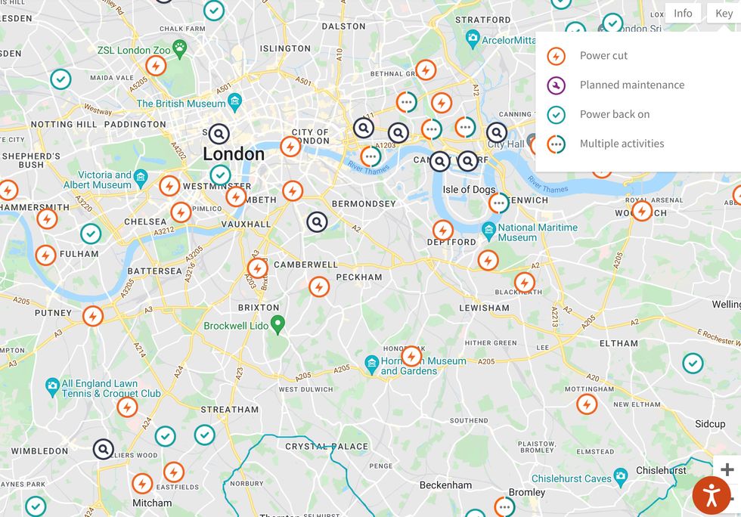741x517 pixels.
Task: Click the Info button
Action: (x=683, y=14)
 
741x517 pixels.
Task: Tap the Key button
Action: (x=724, y=14)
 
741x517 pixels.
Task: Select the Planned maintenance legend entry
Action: (x=631, y=85)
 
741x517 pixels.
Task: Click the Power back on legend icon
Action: (x=557, y=115)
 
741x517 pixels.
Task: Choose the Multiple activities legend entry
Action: (x=622, y=144)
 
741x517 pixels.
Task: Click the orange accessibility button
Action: (x=712, y=496)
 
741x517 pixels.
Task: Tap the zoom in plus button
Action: (x=727, y=469)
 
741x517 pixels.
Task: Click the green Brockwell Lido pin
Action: (x=277, y=324)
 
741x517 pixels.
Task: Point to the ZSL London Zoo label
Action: (x=134, y=51)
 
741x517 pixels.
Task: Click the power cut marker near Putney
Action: (x=93, y=316)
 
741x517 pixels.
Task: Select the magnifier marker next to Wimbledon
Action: (x=104, y=450)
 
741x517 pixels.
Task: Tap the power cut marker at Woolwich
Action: (x=642, y=211)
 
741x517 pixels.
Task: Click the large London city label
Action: (x=234, y=154)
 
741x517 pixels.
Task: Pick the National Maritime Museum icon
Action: (x=488, y=229)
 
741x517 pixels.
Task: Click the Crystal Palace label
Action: (x=326, y=447)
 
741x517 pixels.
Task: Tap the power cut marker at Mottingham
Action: (x=587, y=404)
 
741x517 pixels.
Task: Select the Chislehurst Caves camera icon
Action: (x=621, y=476)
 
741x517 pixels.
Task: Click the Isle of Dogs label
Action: (x=469, y=190)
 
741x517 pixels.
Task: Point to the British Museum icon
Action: (x=234, y=101)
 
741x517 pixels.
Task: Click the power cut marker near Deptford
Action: (x=443, y=231)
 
